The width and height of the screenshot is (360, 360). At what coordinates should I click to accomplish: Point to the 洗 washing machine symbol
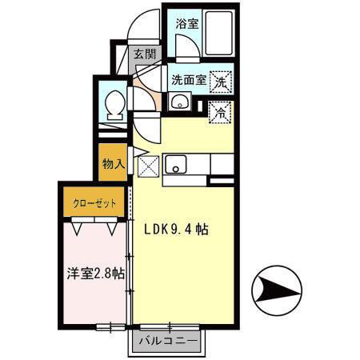pos(220,81)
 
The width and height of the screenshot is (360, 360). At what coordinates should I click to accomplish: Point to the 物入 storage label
pos(113,164)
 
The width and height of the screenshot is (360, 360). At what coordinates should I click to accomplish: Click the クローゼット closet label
pos(95,203)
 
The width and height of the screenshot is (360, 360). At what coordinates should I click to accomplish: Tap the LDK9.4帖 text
pos(176,230)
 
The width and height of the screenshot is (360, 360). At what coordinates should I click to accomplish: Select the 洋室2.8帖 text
pos(94,274)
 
